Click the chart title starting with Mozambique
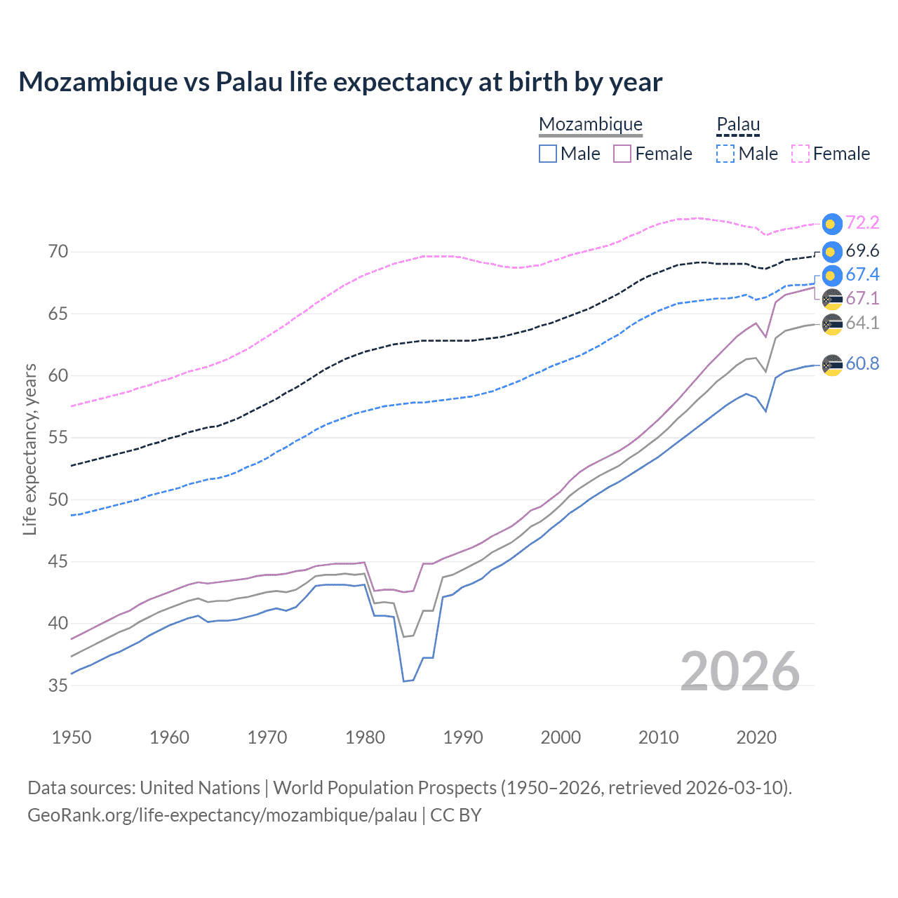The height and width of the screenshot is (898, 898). point(340,82)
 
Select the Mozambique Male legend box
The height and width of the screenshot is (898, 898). point(548,154)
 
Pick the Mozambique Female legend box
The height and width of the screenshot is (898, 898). point(622,154)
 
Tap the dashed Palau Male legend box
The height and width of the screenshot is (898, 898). point(725,154)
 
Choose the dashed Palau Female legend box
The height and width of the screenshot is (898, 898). point(800,154)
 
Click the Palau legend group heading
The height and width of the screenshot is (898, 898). point(738,125)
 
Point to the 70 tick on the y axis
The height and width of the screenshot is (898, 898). point(58,252)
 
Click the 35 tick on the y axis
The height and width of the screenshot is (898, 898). point(58,685)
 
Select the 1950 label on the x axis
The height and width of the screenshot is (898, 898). point(72,737)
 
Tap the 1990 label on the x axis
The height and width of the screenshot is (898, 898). point(463,737)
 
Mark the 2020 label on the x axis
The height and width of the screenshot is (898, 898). point(756,737)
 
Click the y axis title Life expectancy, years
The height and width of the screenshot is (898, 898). point(30,449)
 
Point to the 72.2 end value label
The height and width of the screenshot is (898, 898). point(862,223)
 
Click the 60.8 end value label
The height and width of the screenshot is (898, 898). point(862,364)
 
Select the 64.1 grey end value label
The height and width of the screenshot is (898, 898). point(862,323)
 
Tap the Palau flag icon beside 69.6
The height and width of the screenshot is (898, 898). point(832,252)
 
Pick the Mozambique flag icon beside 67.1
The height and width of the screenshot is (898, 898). point(832,299)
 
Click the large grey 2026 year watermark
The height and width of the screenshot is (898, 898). point(740,672)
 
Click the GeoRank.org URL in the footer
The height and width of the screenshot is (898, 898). point(222,815)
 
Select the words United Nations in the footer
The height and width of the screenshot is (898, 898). point(200,788)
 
